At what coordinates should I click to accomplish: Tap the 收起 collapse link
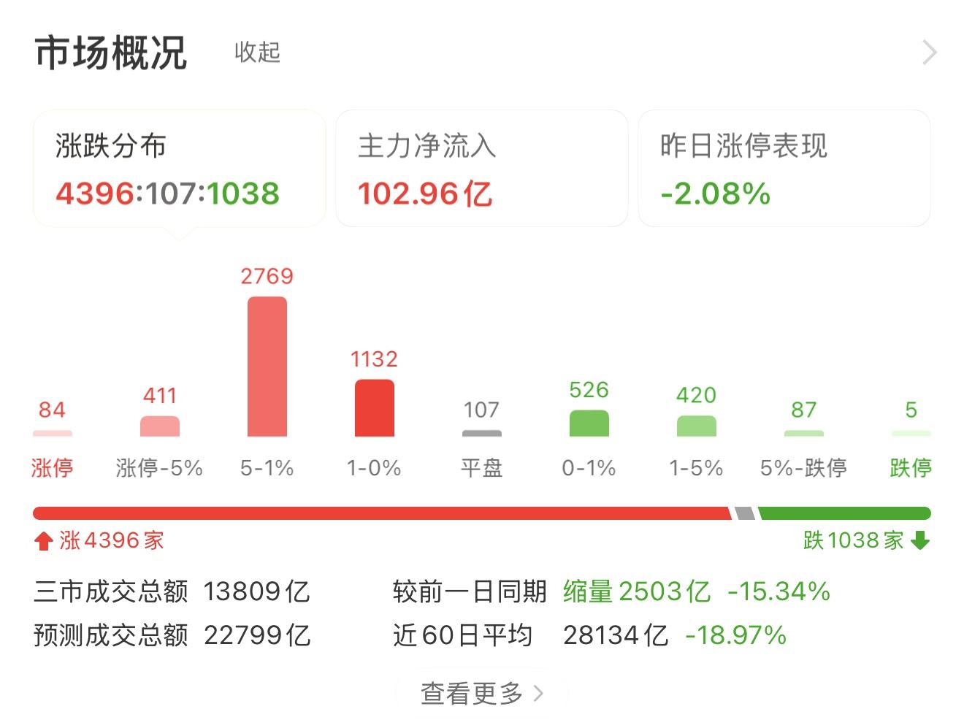click(257, 53)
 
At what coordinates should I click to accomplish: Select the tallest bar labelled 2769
click(267, 367)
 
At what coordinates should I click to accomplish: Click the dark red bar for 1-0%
click(374, 408)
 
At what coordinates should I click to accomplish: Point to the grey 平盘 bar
click(482, 434)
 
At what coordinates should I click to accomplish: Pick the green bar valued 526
click(589, 424)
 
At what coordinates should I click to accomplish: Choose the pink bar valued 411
click(160, 426)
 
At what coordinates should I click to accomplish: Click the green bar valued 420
click(697, 426)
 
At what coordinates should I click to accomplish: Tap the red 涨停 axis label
click(52, 467)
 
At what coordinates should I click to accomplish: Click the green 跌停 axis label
click(911, 467)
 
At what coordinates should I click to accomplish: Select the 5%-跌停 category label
click(803, 467)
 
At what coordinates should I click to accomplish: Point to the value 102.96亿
click(425, 194)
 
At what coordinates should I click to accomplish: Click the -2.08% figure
click(716, 194)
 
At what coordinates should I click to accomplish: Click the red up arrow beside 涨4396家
click(44, 540)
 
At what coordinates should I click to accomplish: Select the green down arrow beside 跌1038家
click(920, 540)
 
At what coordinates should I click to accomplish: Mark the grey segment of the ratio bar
click(745, 513)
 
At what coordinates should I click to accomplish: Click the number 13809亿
click(256, 591)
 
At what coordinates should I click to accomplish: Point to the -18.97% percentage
click(735, 635)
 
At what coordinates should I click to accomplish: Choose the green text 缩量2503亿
click(637, 591)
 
